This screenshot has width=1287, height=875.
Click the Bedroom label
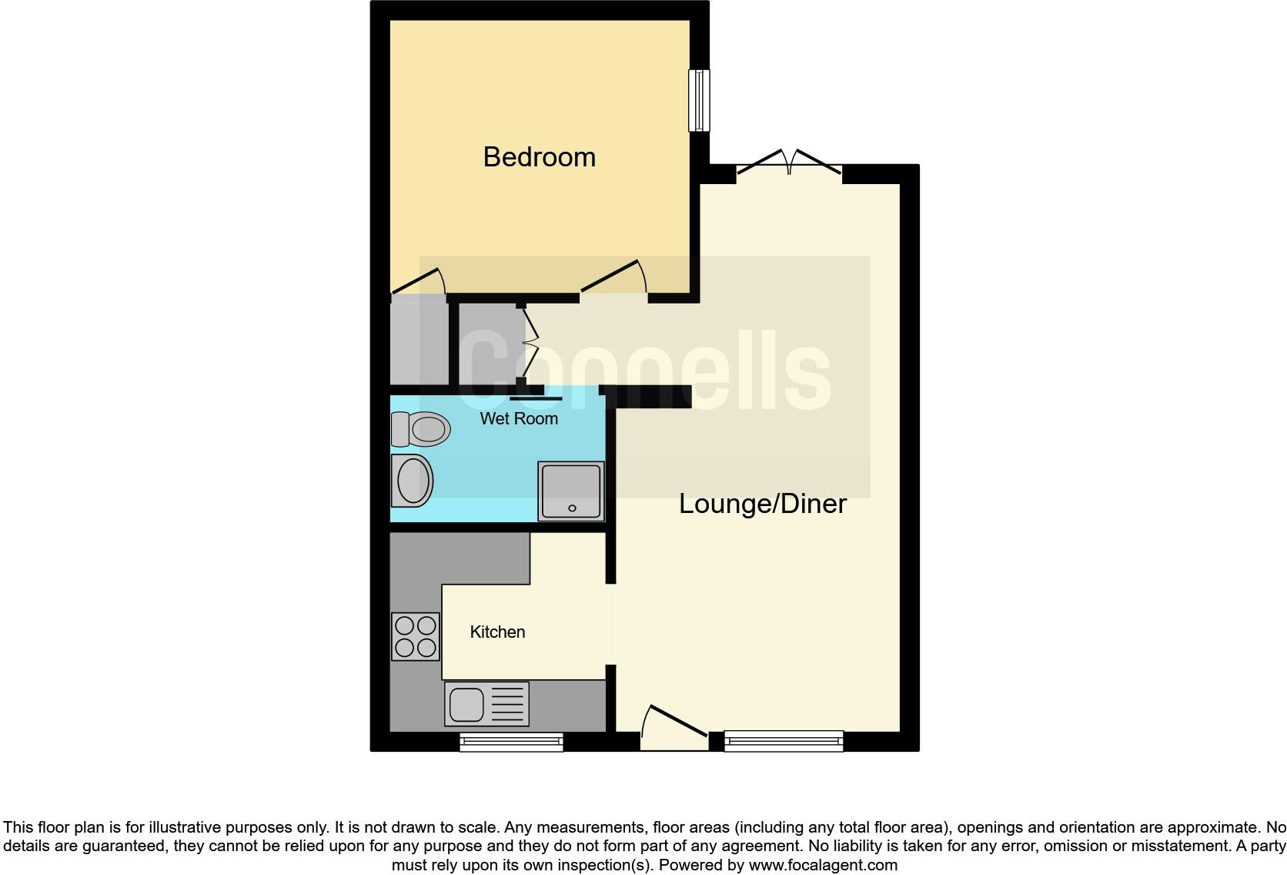[x=539, y=157]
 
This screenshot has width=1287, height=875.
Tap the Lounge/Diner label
[x=762, y=504]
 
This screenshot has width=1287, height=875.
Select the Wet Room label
[x=519, y=419]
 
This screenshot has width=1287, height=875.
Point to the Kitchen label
[x=497, y=632]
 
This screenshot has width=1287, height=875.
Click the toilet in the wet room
[x=421, y=429]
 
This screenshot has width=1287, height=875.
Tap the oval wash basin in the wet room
[x=413, y=480]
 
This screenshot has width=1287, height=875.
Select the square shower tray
[x=570, y=491]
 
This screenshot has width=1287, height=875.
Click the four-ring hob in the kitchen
[x=416, y=636]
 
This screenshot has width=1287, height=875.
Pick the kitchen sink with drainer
[x=486, y=704]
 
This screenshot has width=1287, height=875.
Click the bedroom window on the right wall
[x=699, y=100]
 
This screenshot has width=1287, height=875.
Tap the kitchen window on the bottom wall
[x=511, y=742]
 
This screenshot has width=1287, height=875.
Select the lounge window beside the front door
[x=784, y=742]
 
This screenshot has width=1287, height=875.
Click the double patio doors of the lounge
[x=790, y=163]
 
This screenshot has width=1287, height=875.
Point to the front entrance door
[x=674, y=727]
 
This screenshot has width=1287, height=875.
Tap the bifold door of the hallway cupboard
[x=530, y=343]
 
